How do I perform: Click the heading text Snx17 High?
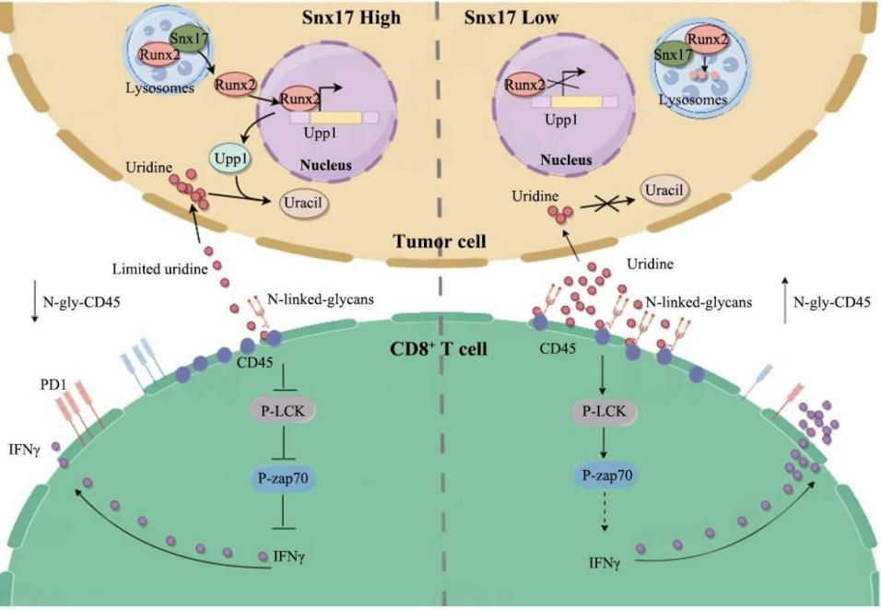pos(352,17)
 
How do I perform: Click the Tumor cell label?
pos(439,241)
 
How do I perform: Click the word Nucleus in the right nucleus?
pos(566,158)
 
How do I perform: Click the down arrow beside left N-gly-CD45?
pos(34,309)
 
